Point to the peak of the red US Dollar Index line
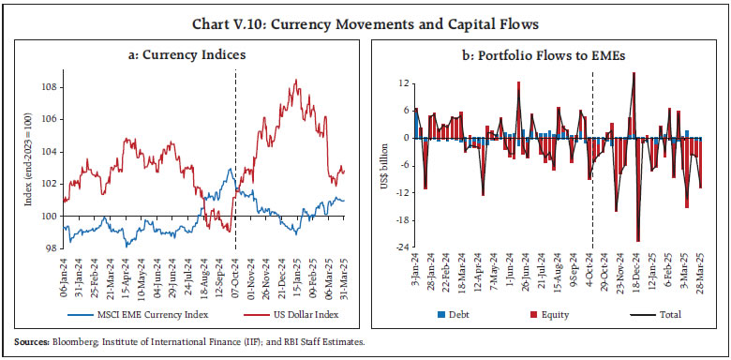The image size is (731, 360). tap(296, 81)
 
